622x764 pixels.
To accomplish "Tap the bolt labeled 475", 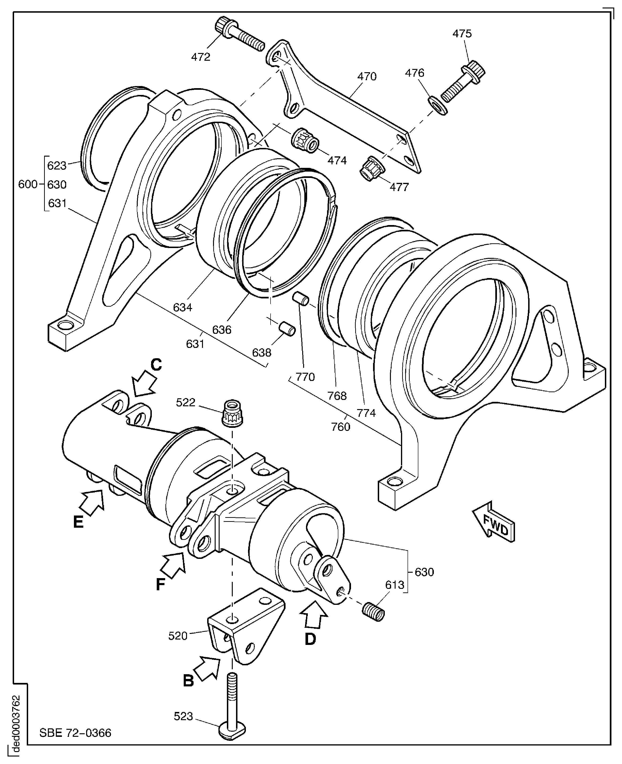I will pos(462,81).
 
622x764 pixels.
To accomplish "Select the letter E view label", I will pos(78,522).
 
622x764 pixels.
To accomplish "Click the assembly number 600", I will pos(28,184).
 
